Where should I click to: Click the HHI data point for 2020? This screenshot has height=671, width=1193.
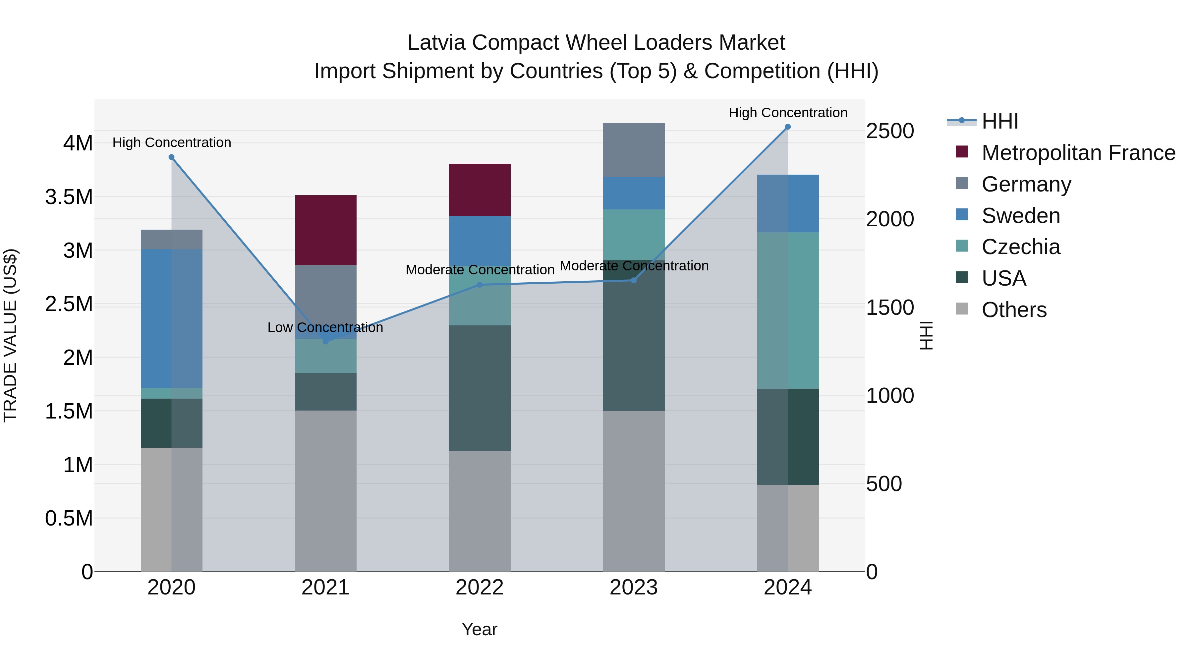point(171,157)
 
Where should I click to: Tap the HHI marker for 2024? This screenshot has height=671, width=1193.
point(788,127)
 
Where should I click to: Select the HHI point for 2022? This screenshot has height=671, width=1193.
point(480,285)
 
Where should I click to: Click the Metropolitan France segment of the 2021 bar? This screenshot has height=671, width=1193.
point(325,230)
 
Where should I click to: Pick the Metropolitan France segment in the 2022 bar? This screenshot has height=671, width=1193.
point(480,190)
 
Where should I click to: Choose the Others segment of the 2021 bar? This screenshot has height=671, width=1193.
point(325,491)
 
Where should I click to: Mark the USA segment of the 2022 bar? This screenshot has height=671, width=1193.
point(480,388)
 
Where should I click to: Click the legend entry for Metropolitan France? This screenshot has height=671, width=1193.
point(1078,153)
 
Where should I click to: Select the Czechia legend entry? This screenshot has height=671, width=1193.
point(1021,247)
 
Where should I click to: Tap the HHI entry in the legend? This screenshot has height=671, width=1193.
point(999,121)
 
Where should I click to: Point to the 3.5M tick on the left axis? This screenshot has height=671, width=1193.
point(69,197)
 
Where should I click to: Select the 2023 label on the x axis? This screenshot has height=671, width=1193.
point(634,587)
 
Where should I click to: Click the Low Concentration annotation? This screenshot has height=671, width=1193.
point(325,327)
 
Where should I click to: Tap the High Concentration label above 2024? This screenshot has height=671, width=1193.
point(788,113)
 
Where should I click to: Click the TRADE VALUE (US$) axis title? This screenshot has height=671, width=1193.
point(10,335)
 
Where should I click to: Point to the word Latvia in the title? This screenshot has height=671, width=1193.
point(437,43)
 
